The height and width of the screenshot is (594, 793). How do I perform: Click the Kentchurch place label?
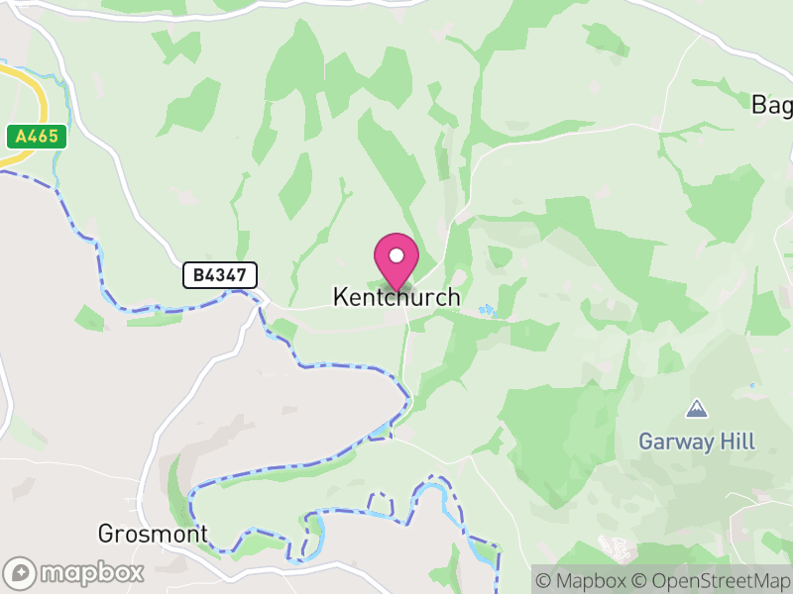[396, 297]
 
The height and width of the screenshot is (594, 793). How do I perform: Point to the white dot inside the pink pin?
[396, 255]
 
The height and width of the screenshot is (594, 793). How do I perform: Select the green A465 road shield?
[36, 137]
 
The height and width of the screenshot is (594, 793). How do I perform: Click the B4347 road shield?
[220, 275]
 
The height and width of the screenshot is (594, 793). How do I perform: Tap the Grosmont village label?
[153, 535]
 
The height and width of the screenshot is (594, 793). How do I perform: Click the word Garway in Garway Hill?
[676, 442]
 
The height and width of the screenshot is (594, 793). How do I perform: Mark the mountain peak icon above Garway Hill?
[697, 408]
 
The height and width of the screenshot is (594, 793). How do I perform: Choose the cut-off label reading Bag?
[771, 104]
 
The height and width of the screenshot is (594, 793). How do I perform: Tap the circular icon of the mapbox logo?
[20, 572]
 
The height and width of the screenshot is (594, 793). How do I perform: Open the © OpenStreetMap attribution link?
[710, 580]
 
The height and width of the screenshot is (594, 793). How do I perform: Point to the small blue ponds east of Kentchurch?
[485, 310]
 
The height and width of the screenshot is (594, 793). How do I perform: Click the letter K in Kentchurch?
[340, 297]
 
